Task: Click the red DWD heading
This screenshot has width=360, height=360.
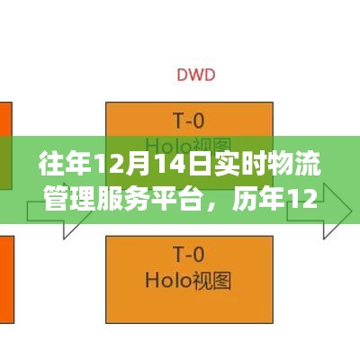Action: click(196, 75)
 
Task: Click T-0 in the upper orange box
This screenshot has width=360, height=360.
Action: click(189, 121)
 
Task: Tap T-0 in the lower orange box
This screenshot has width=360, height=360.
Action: click(189, 254)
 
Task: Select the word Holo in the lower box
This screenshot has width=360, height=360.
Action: click(168, 280)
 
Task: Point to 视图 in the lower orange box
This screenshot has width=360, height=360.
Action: click(211, 280)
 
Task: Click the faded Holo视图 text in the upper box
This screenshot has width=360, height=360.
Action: click(188, 147)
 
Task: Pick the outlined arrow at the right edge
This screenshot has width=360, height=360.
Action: click(319, 211)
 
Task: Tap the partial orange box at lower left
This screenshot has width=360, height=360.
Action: click(7, 280)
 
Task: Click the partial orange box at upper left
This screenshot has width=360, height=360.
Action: click(6, 146)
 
